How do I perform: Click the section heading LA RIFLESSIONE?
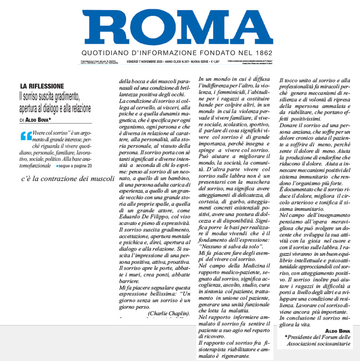pos(42,86)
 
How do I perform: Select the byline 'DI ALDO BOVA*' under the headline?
pos(37,121)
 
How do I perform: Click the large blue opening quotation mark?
pos(26,137)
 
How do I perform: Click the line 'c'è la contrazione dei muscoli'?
pos(68,179)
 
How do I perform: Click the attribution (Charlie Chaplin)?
pos(169,313)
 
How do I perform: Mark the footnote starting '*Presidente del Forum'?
pos(318,341)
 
